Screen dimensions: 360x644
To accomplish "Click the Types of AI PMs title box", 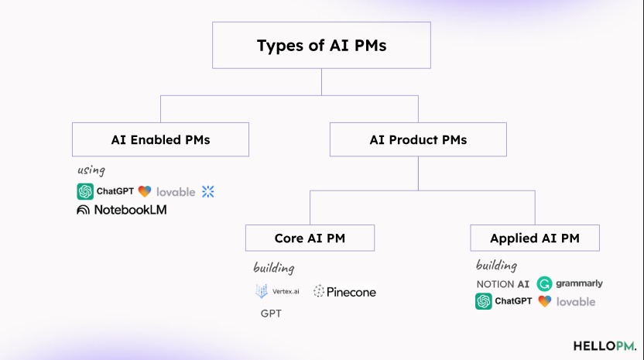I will (321, 46).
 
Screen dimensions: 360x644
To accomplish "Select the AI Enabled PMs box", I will (160, 140).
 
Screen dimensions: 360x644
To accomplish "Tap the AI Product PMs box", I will (418, 140).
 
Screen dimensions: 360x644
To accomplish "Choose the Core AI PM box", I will (310, 238).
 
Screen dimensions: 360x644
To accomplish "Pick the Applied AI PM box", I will (534, 238).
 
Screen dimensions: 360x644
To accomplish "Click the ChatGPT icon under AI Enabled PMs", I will (85, 191).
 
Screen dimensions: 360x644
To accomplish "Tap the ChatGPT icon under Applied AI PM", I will (484, 301).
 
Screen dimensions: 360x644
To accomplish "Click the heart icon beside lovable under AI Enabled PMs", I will (145, 191).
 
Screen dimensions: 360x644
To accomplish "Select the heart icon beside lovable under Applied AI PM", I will (545, 301).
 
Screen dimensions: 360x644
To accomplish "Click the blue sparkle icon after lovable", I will (207, 191).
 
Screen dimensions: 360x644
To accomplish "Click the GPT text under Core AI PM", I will (271, 314).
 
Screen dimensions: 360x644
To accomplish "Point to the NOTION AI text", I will (503, 284).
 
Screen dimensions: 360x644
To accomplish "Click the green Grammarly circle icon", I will (544, 284).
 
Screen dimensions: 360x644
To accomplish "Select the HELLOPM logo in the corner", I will (604, 345).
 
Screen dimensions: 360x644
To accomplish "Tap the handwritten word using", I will (91, 170).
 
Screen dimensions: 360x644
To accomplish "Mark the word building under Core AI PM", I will (273, 269).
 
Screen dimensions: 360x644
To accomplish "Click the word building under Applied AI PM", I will (496, 265).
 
